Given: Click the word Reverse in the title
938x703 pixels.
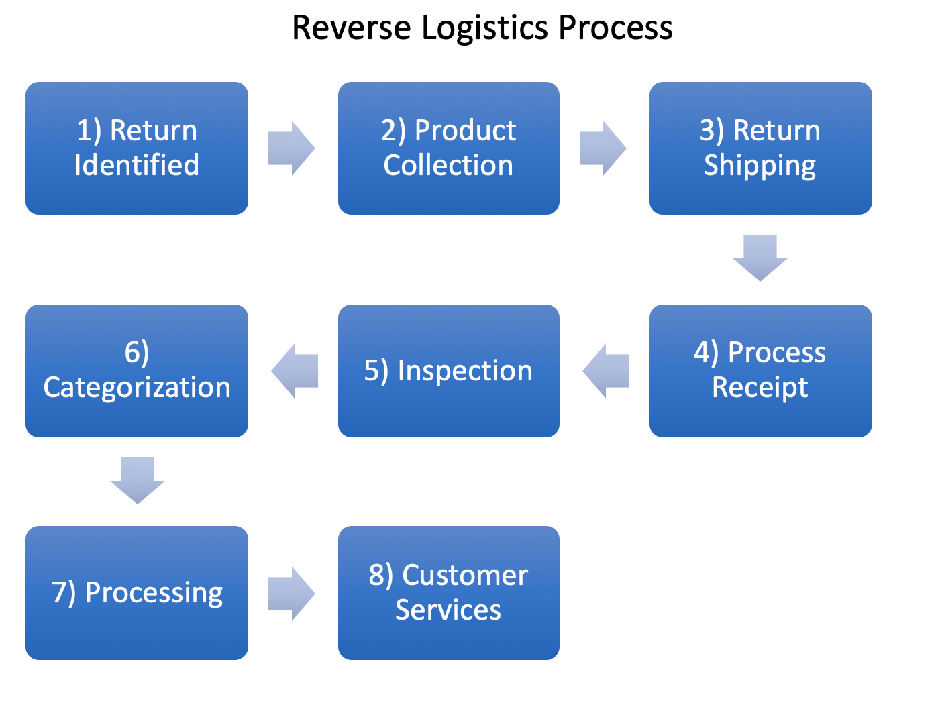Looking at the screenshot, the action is (x=352, y=28).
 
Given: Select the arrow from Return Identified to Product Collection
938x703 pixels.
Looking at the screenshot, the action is (x=291, y=148).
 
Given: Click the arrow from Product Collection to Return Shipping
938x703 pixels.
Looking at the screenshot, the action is (x=603, y=148).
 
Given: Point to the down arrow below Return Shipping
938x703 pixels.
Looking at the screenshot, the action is (x=760, y=258).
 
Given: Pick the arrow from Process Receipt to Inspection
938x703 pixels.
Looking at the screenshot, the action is (x=606, y=371).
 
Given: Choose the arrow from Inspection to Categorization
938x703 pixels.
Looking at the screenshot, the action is (x=295, y=371).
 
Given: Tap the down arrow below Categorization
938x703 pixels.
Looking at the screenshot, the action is (x=137, y=480).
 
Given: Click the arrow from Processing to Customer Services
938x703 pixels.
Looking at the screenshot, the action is (x=291, y=593).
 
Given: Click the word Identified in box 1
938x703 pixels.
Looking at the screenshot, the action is (x=137, y=165).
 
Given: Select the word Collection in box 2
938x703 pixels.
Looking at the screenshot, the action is (x=448, y=165).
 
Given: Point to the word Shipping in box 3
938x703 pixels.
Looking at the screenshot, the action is (x=760, y=167).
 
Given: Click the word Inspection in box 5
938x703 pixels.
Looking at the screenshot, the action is (x=465, y=371).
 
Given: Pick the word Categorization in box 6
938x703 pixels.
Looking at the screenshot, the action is (x=137, y=388).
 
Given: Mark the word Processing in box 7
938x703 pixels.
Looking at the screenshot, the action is (x=154, y=594).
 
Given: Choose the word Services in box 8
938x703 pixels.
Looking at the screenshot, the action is (x=448, y=610).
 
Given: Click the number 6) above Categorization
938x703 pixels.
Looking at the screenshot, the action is (x=137, y=354).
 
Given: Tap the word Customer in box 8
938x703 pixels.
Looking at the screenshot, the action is (x=465, y=576).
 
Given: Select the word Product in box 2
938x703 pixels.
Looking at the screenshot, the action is (x=466, y=130).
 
